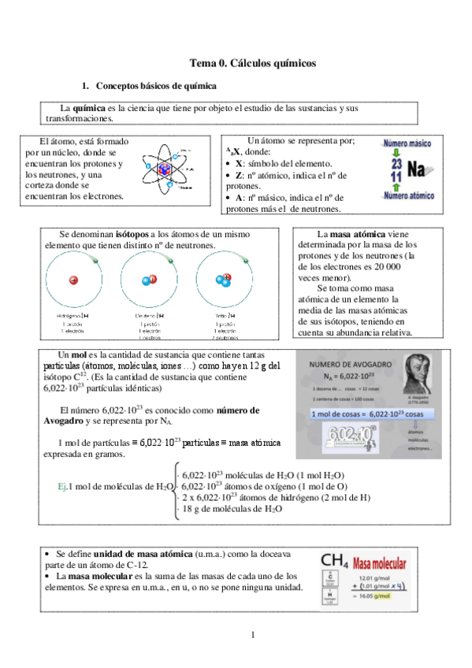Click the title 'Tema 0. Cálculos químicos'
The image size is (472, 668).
(253, 62)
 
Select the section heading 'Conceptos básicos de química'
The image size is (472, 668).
(155, 85)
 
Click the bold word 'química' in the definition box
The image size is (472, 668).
(89, 107)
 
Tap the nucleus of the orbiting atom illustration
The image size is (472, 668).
(166, 169)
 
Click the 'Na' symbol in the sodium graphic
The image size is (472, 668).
(417, 170)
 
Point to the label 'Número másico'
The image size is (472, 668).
(407, 145)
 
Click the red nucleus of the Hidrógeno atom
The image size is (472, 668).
(73, 280)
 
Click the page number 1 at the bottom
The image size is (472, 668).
(253, 634)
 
